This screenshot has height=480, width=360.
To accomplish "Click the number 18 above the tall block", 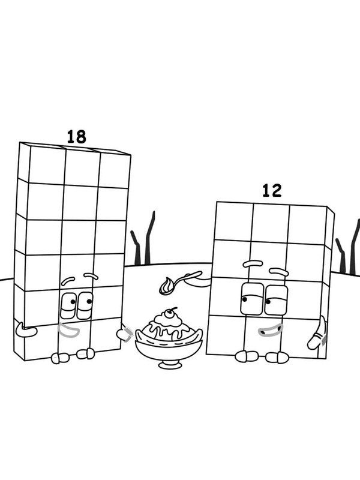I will click(x=76, y=136).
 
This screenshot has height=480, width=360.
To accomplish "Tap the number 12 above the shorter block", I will click(x=272, y=191).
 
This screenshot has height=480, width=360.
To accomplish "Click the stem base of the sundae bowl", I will click(x=170, y=364).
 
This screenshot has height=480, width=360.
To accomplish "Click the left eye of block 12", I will click(x=248, y=297).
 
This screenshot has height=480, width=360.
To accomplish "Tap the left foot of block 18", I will click(x=60, y=358).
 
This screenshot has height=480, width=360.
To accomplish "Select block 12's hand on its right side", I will click(x=316, y=334).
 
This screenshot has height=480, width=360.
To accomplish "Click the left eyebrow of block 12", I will click(x=253, y=264).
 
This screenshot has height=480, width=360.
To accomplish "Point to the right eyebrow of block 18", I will click(x=91, y=276).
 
